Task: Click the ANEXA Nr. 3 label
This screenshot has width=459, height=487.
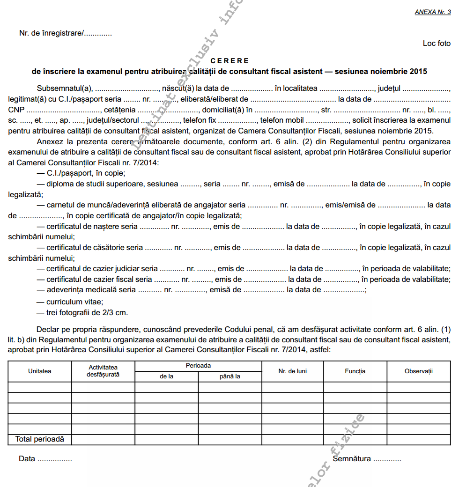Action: (432, 12)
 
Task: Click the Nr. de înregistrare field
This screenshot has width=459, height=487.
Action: (65, 33)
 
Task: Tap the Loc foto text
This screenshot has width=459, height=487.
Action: (437, 44)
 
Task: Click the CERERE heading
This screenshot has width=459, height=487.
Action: (229, 61)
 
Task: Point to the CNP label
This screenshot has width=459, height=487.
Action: (16, 111)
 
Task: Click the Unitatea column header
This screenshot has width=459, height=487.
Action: (39, 371)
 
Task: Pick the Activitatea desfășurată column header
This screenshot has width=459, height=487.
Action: (103, 371)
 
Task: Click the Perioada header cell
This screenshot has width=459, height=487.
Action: (198, 366)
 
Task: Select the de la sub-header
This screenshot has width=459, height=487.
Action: (166, 376)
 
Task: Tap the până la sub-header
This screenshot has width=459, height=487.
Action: (229, 376)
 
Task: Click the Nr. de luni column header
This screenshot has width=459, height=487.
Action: (292, 371)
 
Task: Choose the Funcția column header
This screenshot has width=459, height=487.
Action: (355, 371)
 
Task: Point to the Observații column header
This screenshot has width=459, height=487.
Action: (418, 371)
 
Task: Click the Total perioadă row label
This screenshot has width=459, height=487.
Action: (39, 440)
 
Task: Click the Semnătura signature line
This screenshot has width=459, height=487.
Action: (367, 459)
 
